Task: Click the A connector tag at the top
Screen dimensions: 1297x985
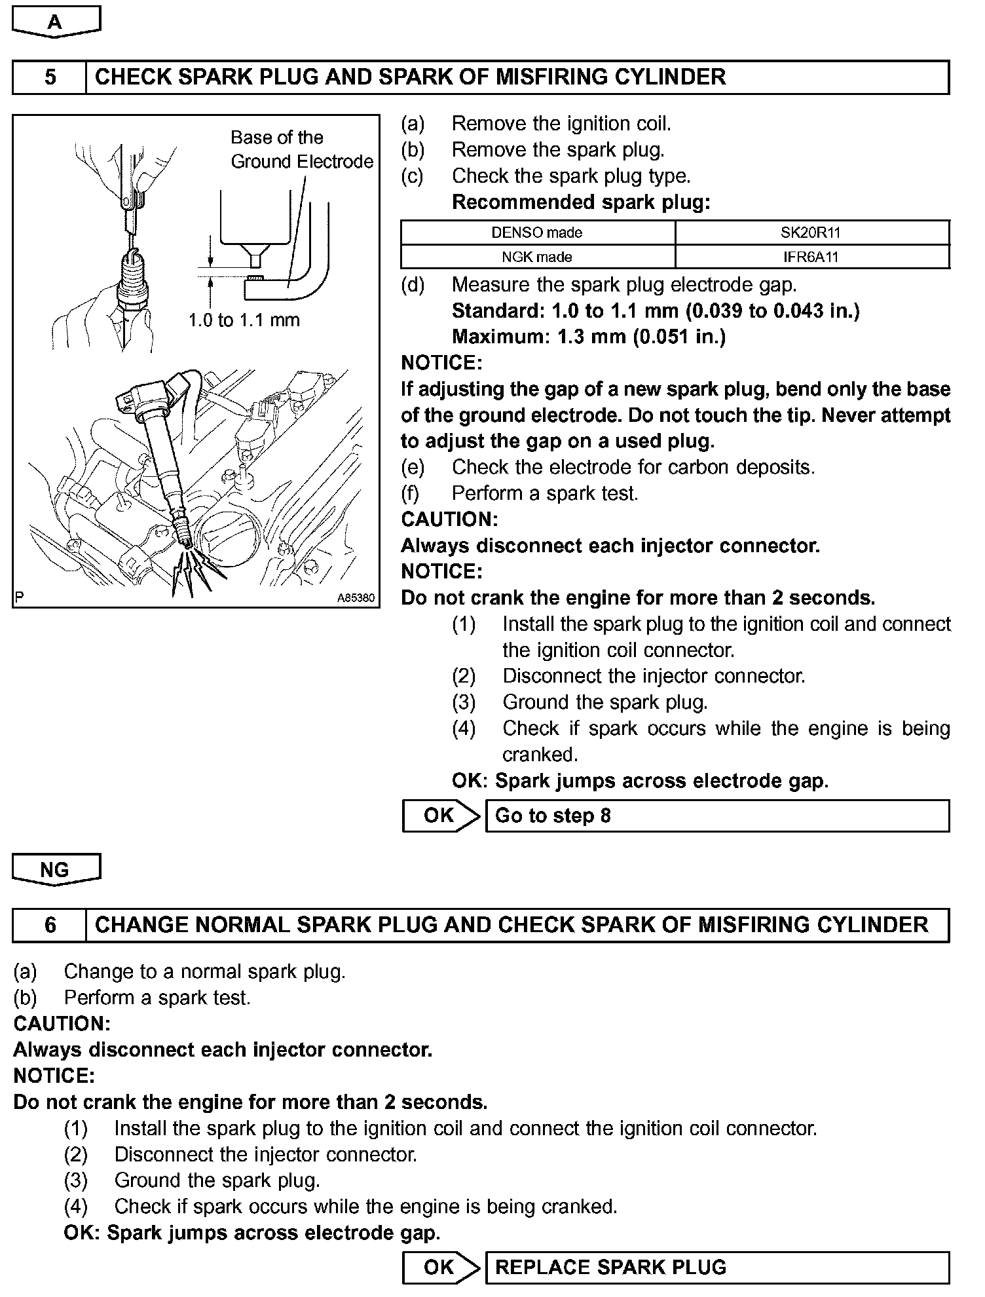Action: (56, 22)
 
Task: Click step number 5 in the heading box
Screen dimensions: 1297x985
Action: (50, 77)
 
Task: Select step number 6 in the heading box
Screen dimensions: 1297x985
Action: (50, 925)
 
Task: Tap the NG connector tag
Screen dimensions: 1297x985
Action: (56, 870)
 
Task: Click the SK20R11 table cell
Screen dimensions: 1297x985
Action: (811, 233)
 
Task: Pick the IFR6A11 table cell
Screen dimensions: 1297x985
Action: (811, 257)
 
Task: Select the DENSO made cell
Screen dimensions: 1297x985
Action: (537, 233)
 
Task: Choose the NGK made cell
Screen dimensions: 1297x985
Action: (537, 257)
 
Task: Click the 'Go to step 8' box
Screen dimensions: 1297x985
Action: (716, 816)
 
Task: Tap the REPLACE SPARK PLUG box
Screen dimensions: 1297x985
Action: (716, 1267)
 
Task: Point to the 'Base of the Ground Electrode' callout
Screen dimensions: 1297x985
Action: (301, 149)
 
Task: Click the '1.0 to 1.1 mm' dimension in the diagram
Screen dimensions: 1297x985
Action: (244, 320)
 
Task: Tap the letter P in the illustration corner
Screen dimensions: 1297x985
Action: (19, 597)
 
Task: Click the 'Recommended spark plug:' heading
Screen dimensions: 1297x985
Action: (581, 202)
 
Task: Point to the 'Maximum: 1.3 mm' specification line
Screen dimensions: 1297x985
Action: (589, 337)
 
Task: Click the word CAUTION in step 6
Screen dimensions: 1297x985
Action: (62, 1024)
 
